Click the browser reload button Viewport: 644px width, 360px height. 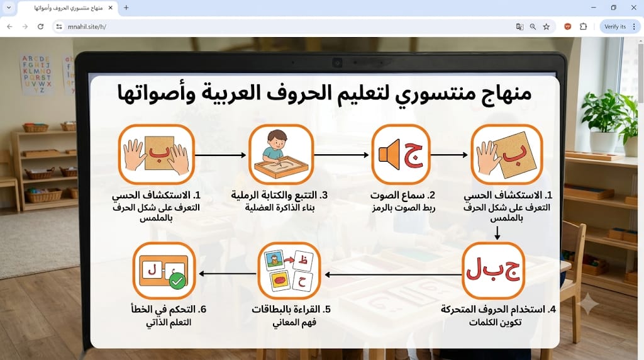coord(40,26)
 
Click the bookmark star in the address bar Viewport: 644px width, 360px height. coord(547,26)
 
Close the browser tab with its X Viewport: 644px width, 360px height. coord(110,8)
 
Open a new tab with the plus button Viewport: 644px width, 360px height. coord(126,8)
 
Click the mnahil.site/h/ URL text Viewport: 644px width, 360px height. coord(87,26)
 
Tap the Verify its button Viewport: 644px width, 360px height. coord(615,26)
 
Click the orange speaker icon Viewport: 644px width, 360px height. coord(389,155)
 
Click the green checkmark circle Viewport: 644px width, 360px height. coord(178,281)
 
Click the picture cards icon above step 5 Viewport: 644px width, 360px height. coord(289,271)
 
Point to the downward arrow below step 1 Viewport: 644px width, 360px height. coord(497,233)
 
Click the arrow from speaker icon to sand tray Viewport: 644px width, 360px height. coord(341,155)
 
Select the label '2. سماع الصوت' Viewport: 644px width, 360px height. coord(402,195)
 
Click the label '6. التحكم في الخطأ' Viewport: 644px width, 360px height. coord(169,309)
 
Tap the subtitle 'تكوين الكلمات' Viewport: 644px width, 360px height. coord(495,322)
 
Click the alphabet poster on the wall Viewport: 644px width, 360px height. coord(36,75)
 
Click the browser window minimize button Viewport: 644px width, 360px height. coord(594,8)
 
